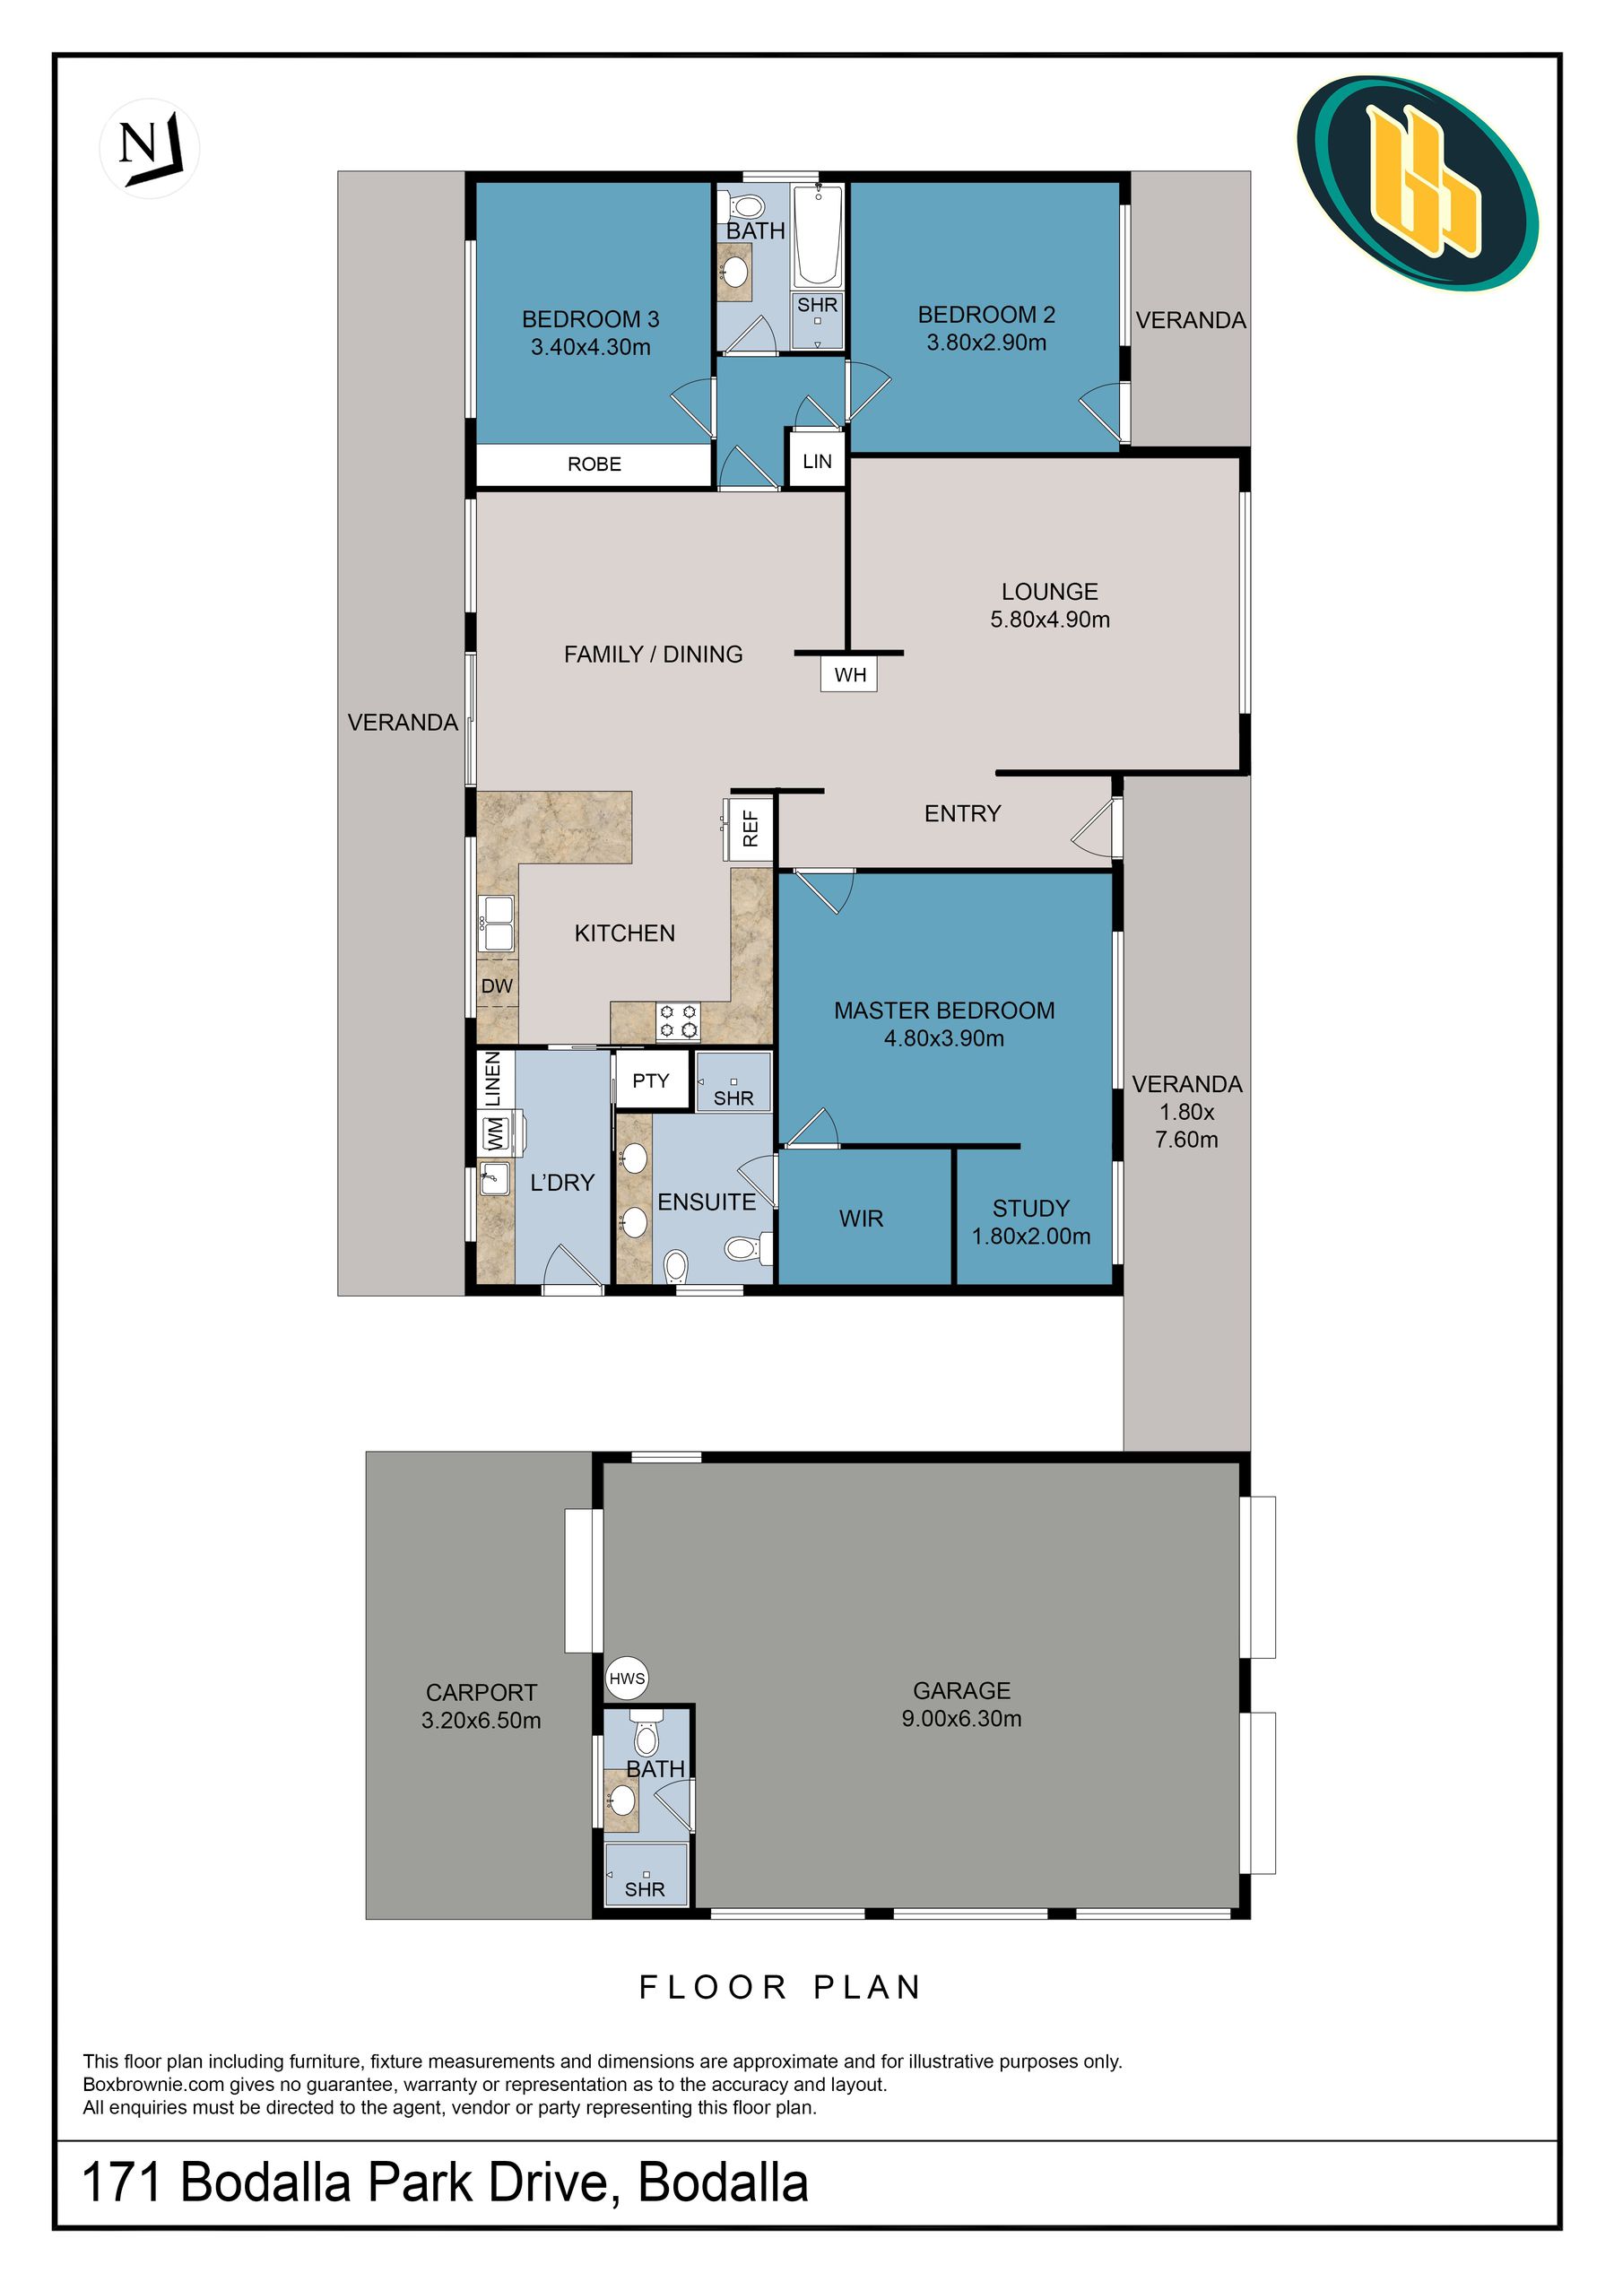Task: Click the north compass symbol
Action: coord(149,148)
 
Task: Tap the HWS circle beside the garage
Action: coord(627,1679)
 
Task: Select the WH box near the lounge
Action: coord(850,675)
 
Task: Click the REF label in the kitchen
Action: coord(751,827)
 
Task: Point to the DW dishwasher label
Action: coord(497,986)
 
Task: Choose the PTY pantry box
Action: coord(651,1080)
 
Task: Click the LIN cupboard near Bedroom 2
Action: coord(817,461)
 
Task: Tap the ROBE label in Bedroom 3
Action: coord(594,464)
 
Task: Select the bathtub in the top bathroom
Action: coord(818,236)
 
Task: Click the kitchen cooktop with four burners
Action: coord(678,1020)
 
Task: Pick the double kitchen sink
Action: coord(496,924)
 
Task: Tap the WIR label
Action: coord(861,1219)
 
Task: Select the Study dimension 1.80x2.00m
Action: coord(1030,1236)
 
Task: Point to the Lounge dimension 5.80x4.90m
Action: coord(1049,620)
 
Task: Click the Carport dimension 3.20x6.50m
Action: coord(481,1721)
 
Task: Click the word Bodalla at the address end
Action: coord(723,2182)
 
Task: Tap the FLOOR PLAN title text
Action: coord(781,1987)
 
